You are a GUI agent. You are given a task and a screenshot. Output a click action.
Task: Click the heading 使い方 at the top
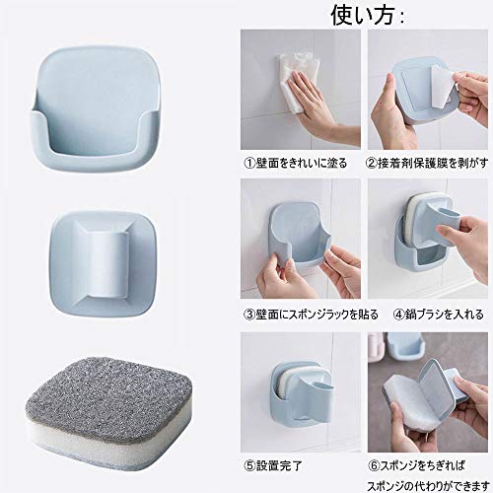point(368,14)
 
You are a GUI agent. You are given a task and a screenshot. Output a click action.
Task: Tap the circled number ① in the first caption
point(249,164)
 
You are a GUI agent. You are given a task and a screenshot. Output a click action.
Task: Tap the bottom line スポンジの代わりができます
point(428,485)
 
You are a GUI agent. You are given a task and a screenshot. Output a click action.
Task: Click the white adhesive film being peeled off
point(443,86)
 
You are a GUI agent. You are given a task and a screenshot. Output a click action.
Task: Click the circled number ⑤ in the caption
point(249,465)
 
